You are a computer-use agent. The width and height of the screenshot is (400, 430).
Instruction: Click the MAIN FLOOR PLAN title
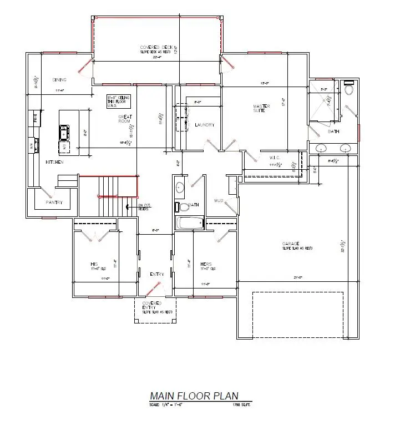tap(194, 396)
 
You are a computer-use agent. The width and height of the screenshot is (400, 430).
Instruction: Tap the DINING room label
tap(59, 79)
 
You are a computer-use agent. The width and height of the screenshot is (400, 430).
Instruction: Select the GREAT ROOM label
tap(124, 119)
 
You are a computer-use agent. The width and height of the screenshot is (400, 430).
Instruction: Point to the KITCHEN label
tap(54, 162)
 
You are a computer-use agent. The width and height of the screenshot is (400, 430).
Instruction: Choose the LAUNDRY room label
tap(204, 125)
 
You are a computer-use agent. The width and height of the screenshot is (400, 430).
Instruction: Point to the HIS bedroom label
tap(94, 264)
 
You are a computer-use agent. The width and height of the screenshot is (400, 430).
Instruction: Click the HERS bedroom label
tap(206, 264)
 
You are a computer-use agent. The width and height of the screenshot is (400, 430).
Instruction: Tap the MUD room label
tap(219, 200)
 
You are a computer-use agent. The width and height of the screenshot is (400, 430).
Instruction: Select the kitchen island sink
tap(64, 132)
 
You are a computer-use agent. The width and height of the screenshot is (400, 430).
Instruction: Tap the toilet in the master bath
tap(349, 89)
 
